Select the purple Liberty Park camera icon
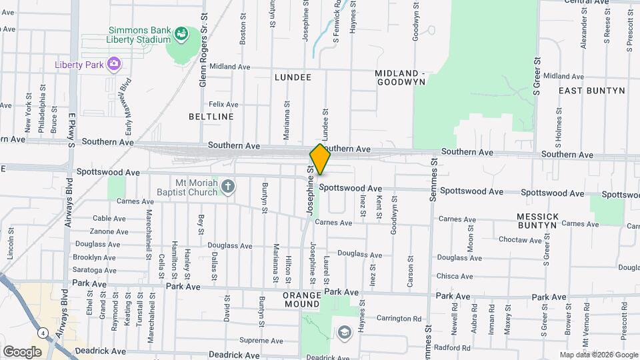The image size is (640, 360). (x=114, y=63)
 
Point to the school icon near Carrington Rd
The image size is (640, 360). (x=344, y=332)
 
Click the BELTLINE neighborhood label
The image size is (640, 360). (x=211, y=117)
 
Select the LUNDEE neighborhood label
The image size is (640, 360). (x=293, y=77)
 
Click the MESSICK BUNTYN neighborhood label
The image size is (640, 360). (x=536, y=221)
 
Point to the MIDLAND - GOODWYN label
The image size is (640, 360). (x=400, y=77)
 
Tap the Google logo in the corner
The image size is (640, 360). (x=22, y=351)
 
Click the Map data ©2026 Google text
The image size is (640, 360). (x=598, y=355)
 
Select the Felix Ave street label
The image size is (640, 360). (x=223, y=105)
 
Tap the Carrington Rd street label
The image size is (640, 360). (x=399, y=319)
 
